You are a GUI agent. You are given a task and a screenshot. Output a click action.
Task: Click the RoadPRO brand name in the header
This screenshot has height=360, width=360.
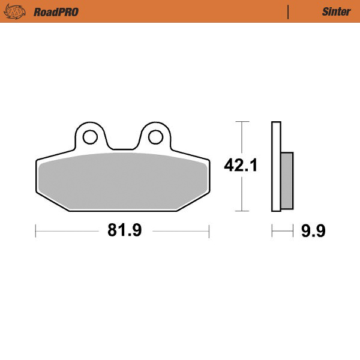tap(56, 11)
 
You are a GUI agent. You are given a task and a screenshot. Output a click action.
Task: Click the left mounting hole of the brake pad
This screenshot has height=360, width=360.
tap(90, 137)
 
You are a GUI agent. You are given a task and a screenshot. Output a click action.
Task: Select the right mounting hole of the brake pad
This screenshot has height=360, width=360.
tap(155, 137)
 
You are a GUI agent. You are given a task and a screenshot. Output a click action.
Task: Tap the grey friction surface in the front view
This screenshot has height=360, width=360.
tap(122, 180)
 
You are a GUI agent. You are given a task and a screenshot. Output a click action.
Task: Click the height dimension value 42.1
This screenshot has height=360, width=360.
tap(241, 166)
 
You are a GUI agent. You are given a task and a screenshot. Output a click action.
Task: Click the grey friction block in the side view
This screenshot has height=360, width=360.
tap(287, 181)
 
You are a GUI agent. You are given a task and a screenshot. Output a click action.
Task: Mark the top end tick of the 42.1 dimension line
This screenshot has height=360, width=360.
tap(241, 122)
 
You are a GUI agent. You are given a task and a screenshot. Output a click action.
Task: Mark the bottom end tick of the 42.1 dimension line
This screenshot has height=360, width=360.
tap(241, 211)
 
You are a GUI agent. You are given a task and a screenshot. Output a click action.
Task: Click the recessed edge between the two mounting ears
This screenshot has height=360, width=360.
tap(122, 148)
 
